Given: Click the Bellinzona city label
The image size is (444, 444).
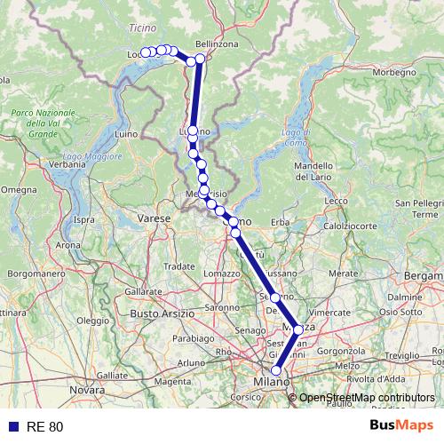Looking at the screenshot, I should (x=218, y=44).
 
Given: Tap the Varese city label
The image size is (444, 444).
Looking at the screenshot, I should (x=154, y=218).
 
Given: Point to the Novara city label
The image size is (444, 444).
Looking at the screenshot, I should (x=87, y=390).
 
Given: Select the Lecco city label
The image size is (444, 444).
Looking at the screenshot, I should (x=337, y=201).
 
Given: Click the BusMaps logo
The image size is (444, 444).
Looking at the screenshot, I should (x=402, y=426).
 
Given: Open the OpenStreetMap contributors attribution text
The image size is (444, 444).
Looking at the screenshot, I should (x=367, y=398).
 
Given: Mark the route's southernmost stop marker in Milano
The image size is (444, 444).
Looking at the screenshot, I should (x=276, y=371).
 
